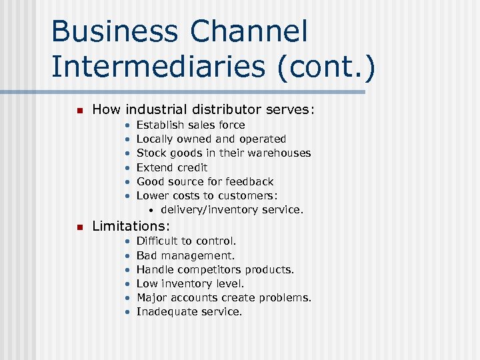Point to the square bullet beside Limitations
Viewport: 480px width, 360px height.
click(78, 227)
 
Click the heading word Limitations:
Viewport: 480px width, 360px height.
click(131, 226)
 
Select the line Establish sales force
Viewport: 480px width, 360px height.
click(191, 125)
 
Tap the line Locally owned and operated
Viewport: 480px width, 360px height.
click(211, 139)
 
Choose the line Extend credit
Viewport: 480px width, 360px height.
click(172, 168)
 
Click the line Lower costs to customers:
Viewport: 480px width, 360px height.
click(207, 195)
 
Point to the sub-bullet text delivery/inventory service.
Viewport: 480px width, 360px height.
click(232, 210)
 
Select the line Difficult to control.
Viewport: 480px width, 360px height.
click(186, 241)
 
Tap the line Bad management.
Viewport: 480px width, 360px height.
click(185, 255)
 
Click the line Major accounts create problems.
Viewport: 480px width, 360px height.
click(223, 298)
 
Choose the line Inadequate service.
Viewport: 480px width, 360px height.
click(189, 312)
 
